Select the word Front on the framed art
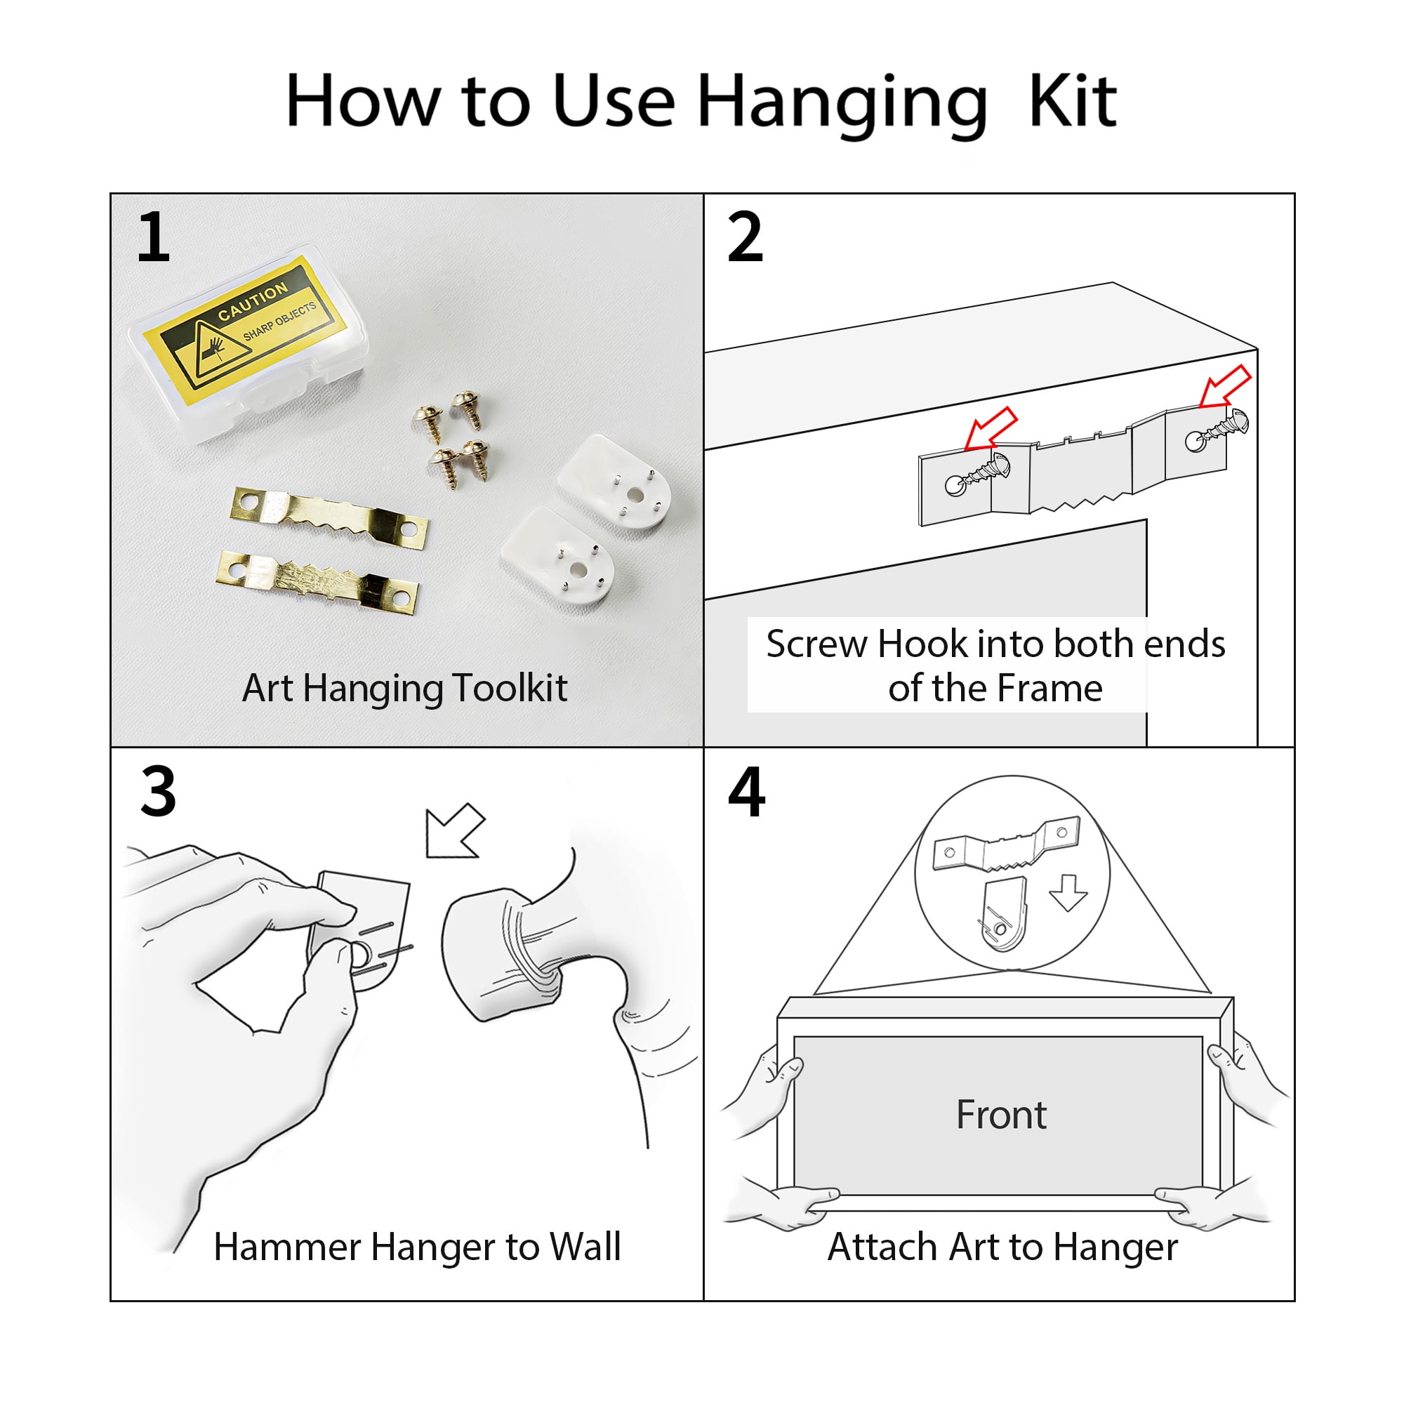[1000, 1114]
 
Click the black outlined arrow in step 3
[455, 830]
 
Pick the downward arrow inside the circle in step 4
[1068, 892]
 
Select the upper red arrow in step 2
[1225, 386]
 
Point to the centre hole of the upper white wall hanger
[635, 496]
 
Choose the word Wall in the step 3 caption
[584, 1247]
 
